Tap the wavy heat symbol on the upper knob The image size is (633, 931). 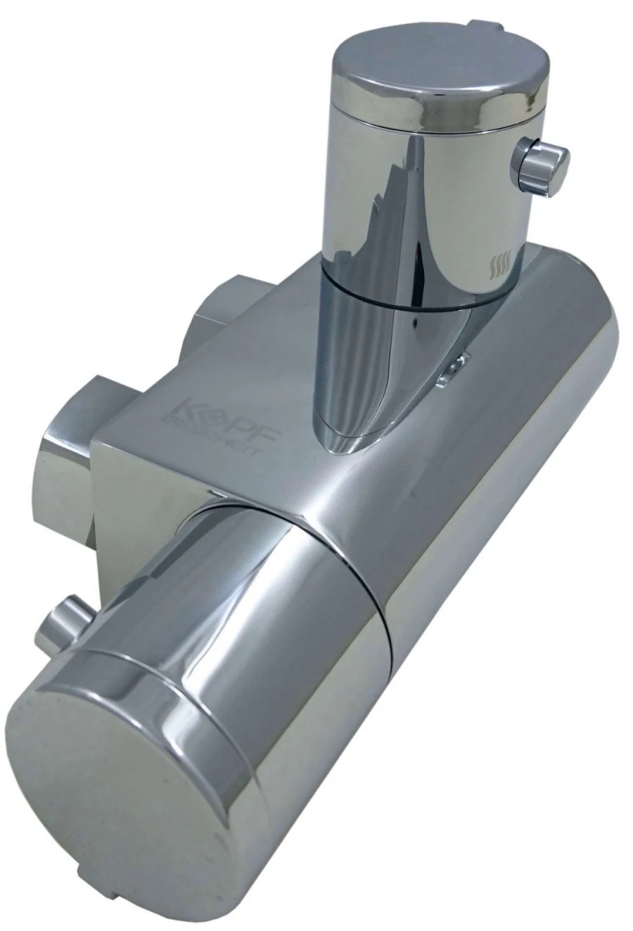coord(499,267)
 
